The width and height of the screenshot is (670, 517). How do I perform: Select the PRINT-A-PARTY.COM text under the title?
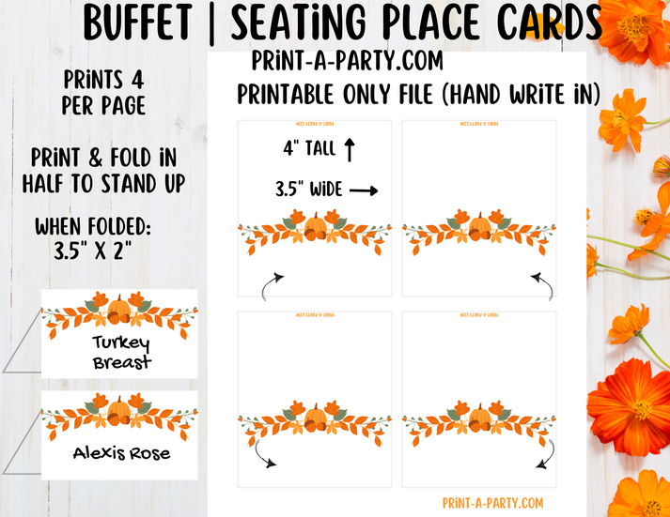(347, 61)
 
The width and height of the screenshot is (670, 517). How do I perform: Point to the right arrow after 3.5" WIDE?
(363, 190)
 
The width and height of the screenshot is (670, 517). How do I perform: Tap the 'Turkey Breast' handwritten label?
(122, 352)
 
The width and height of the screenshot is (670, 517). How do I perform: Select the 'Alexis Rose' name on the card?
(122, 453)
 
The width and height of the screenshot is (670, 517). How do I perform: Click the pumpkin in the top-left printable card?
(317, 227)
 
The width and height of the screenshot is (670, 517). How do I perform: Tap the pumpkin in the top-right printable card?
(480, 227)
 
